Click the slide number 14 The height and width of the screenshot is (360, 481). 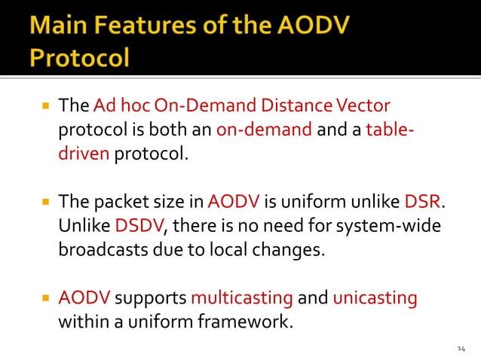coord(462,348)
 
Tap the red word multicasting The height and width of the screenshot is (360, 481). coord(242,298)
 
